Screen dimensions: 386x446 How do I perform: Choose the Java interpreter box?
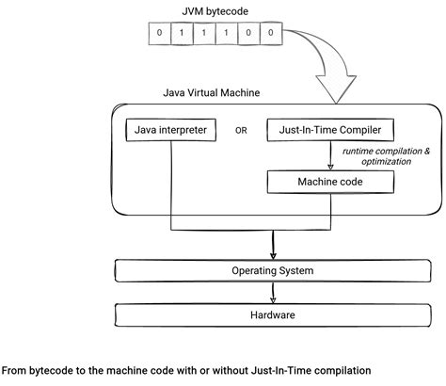170,129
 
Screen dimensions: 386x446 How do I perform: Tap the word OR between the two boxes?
242,130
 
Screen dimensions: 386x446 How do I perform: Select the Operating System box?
272,271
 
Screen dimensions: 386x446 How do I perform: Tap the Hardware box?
272,316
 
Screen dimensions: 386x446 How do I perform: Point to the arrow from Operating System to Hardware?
273,293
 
